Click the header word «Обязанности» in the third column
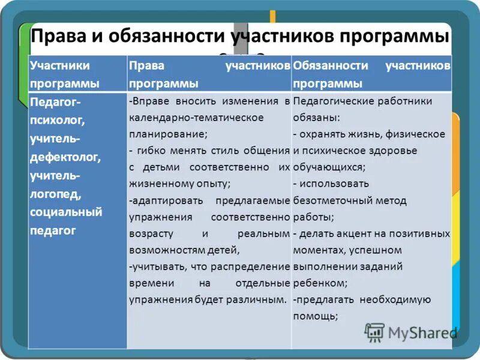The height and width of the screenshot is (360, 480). pyautogui.click(x=326, y=64)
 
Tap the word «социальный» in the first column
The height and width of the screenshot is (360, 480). pyautogui.click(x=66, y=212)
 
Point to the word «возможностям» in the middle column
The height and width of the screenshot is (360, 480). pyautogui.click(x=167, y=249)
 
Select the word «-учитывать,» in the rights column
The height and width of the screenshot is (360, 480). pyautogui.click(x=157, y=265)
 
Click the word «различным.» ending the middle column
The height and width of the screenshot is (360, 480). pyautogui.click(x=260, y=298)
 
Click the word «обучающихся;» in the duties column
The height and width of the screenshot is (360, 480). pyautogui.click(x=329, y=167)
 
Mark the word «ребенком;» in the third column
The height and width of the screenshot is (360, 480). pyautogui.click(x=318, y=281)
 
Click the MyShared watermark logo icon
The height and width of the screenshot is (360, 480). pyautogui.click(x=374, y=332)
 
